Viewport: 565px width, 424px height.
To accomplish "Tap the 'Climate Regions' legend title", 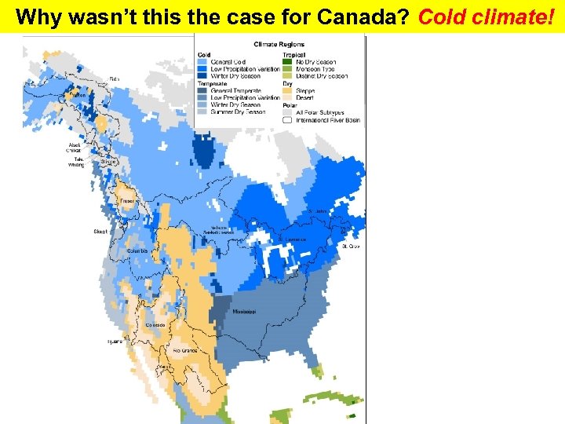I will pyautogui.click(x=279, y=44).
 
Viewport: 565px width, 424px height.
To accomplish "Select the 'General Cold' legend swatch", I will pyautogui.click(x=202, y=62).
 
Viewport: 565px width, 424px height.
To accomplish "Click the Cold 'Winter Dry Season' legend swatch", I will pyautogui.click(x=202, y=76).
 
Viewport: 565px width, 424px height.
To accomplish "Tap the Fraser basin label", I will pyautogui.click(x=127, y=202).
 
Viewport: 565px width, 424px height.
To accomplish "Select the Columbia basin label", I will pyautogui.click(x=137, y=251).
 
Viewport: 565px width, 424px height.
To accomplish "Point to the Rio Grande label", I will pyautogui.click(x=184, y=350).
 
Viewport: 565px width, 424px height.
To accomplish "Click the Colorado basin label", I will pyautogui.click(x=154, y=325).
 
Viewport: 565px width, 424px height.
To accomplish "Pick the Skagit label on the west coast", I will pyautogui.click(x=100, y=232).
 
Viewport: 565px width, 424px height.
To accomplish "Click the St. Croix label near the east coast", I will pyautogui.click(x=350, y=247).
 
